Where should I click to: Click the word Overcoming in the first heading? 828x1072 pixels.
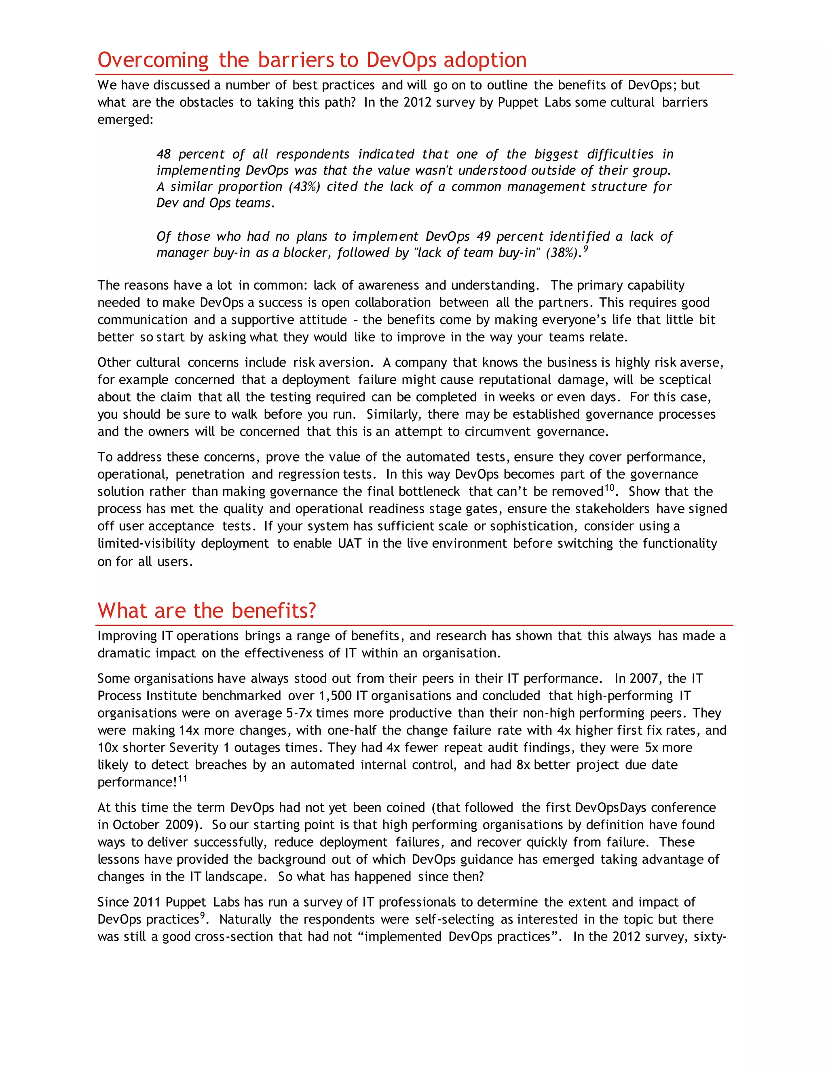point(153,60)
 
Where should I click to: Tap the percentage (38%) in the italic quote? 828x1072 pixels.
point(564,253)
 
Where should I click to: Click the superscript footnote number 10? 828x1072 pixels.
point(609,488)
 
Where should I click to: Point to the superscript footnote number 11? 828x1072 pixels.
point(182,778)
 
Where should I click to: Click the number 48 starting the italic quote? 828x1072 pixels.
point(164,154)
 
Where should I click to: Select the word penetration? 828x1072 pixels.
point(210,475)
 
